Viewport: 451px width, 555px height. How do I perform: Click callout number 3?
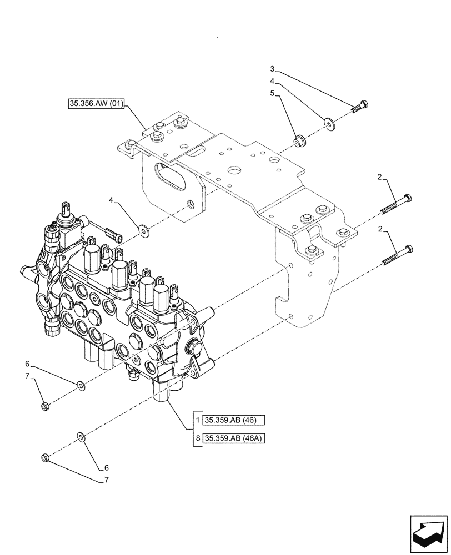[x=272, y=69]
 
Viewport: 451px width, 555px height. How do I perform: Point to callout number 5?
[x=272, y=93]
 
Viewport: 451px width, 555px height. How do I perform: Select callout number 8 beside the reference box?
[x=198, y=439]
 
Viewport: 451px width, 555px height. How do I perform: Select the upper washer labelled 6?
[x=81, y=385]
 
